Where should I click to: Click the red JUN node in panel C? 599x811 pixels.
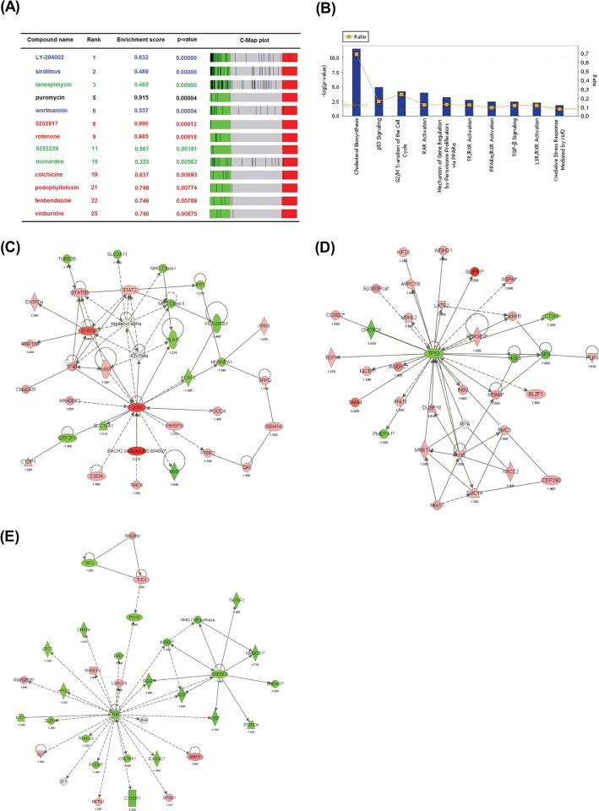coord(135,407)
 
